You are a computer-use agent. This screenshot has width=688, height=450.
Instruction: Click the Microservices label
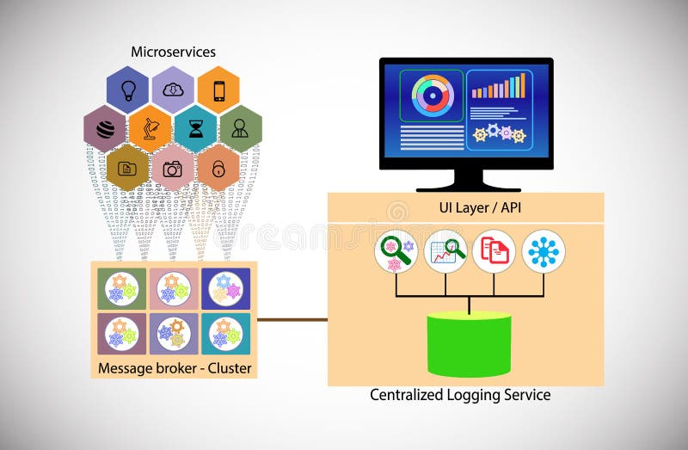(172, 52)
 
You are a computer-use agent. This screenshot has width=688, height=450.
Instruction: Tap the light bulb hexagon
(127, 89)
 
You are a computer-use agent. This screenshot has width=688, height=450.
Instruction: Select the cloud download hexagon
(173, 89)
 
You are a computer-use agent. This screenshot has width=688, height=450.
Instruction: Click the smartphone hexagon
(218, 89)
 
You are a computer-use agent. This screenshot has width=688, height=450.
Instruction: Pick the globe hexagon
(105, 129)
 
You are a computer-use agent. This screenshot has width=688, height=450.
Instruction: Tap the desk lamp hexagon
(150, 129)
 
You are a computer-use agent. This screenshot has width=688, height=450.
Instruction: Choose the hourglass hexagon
(195, 129)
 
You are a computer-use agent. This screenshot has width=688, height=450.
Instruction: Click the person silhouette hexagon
(240, 129)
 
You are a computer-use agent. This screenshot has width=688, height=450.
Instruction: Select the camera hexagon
(173, 168)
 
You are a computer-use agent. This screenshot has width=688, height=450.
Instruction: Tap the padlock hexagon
(218, 168)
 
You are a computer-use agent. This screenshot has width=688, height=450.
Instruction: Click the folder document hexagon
(127, 168)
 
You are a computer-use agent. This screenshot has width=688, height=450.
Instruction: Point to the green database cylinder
(469, 343)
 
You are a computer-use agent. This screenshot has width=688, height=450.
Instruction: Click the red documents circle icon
(494, 250)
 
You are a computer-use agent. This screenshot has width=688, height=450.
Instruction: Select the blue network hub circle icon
(544, 250)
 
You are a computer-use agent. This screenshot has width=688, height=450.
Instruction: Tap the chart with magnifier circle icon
(445, 250)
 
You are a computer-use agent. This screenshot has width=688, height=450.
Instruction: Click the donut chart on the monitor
(432, 96)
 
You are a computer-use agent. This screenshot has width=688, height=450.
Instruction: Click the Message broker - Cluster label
(174, 369)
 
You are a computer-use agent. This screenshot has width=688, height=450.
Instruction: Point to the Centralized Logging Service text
(460, 396)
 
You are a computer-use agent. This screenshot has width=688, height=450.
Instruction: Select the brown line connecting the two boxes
(292, 320)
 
